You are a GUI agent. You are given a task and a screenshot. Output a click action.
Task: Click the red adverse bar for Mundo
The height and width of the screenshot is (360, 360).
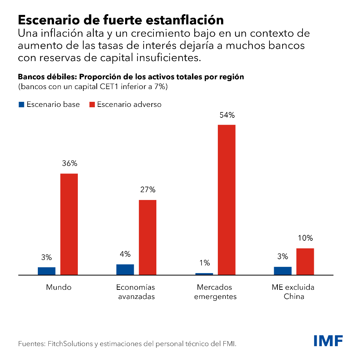tap(69, 224)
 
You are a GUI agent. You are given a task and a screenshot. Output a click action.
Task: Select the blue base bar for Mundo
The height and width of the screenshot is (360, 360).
tap(47, 271)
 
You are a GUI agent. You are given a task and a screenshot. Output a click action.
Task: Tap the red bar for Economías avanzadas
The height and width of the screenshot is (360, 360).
tap(147, 237)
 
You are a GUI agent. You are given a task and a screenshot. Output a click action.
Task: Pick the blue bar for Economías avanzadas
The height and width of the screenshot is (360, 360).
tap(125, 270)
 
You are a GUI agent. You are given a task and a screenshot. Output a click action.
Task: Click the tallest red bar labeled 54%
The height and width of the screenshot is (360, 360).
tap(227, 200)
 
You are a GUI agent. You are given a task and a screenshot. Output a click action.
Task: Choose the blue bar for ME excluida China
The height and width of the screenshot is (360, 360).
tap(283, 271)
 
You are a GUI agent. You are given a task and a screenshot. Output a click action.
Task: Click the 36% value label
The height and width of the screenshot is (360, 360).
tap(69, 163)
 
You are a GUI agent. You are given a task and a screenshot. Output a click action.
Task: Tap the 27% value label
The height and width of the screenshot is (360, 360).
tap(148, 189)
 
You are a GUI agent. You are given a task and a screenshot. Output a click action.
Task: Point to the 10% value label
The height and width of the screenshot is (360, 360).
tap(305, 238)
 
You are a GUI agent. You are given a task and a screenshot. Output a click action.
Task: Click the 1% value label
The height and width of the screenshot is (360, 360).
tap(204, 263)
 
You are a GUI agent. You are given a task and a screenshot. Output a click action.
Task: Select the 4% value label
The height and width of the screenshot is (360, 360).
tap(125, 254)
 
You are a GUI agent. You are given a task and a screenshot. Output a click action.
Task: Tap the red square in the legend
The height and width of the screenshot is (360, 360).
tap(92, 104)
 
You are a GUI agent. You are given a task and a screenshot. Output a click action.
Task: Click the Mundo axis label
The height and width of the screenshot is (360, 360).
tap(59, 287)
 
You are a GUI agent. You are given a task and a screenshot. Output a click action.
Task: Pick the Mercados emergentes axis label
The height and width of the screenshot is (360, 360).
tap(215, 292)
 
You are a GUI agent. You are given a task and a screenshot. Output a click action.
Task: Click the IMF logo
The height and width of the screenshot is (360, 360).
tap(328, 341)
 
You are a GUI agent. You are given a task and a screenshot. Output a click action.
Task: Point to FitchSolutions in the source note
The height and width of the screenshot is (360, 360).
tap(64, 343)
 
